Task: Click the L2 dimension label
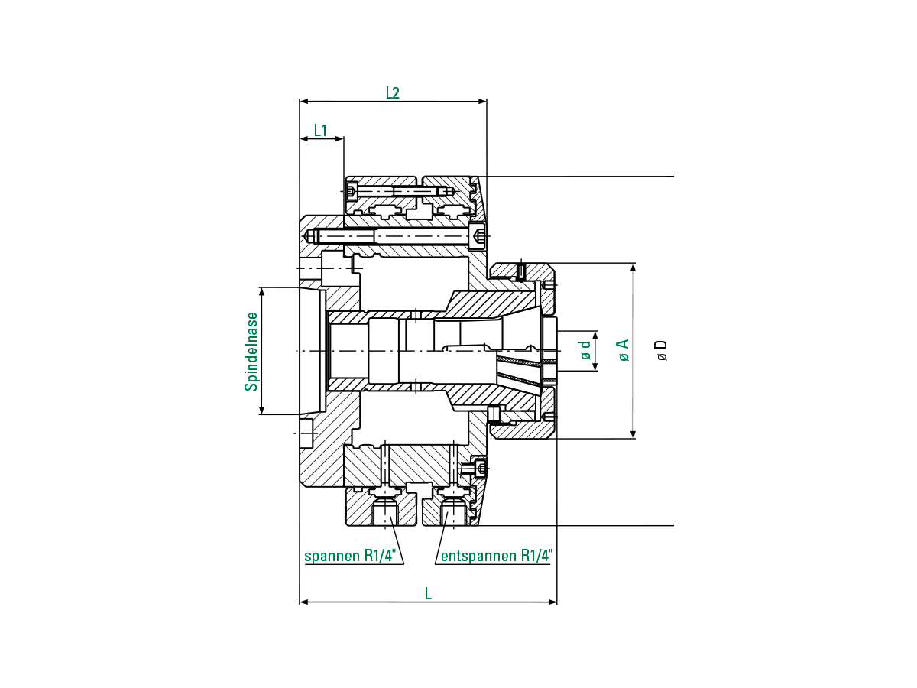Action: (392, 92)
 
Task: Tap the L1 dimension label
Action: (320, 130)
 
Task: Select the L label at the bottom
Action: (428, 594)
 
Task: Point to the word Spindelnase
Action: (251, 352)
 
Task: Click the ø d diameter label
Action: (585, 349)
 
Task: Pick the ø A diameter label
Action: (623, 350)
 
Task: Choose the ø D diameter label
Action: (662, 350)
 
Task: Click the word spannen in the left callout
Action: (332, 556)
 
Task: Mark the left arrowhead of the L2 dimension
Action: (304, 101)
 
